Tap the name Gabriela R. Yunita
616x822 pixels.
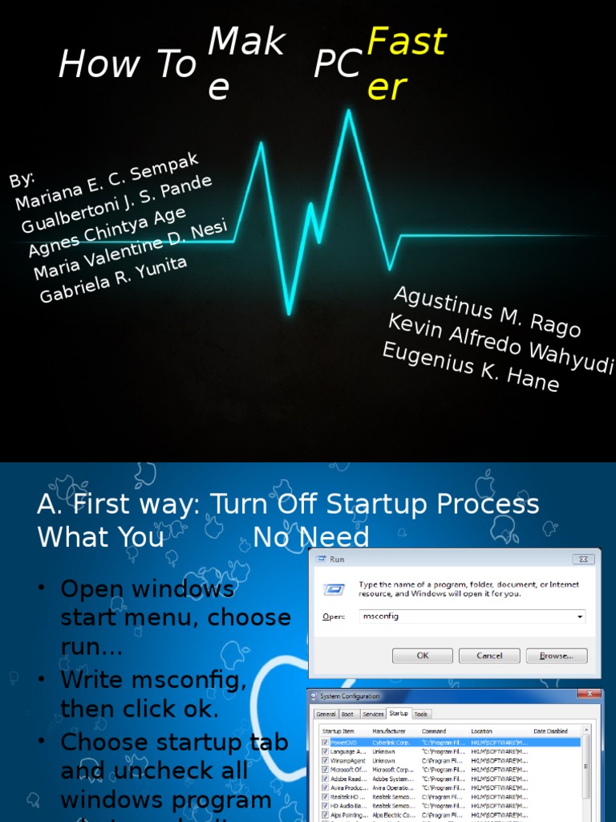[113, 279]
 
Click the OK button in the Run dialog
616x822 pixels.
[422, 656]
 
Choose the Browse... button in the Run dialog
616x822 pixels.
[557, 656]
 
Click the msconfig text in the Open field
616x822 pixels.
[381, 616]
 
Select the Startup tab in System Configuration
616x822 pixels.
[398, 714]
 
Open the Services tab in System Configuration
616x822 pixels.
[373, 714]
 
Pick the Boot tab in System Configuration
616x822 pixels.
[347, 714]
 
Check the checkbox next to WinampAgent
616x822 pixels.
[325, 760]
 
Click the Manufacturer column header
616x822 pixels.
[390, 731]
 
